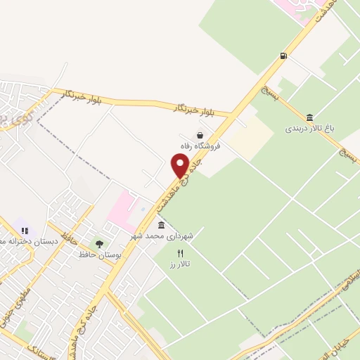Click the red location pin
(180, 166)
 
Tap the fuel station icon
(283, 56)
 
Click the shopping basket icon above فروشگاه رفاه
(200, 135)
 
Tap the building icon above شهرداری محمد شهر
(162, 225)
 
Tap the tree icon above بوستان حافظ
(99, 245)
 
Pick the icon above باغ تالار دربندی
(310, 117)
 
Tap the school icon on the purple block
(25, 230)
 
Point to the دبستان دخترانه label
(28, 240)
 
